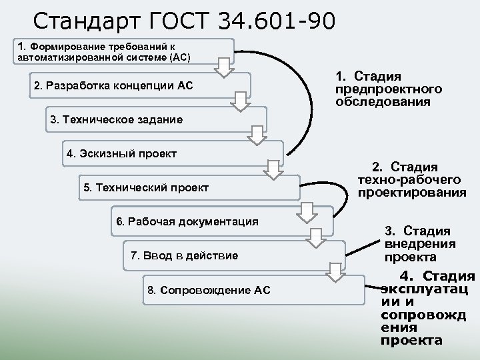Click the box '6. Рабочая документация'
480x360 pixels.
click(x=200, y=221)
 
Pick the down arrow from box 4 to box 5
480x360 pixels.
click(x=273, y=169)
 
